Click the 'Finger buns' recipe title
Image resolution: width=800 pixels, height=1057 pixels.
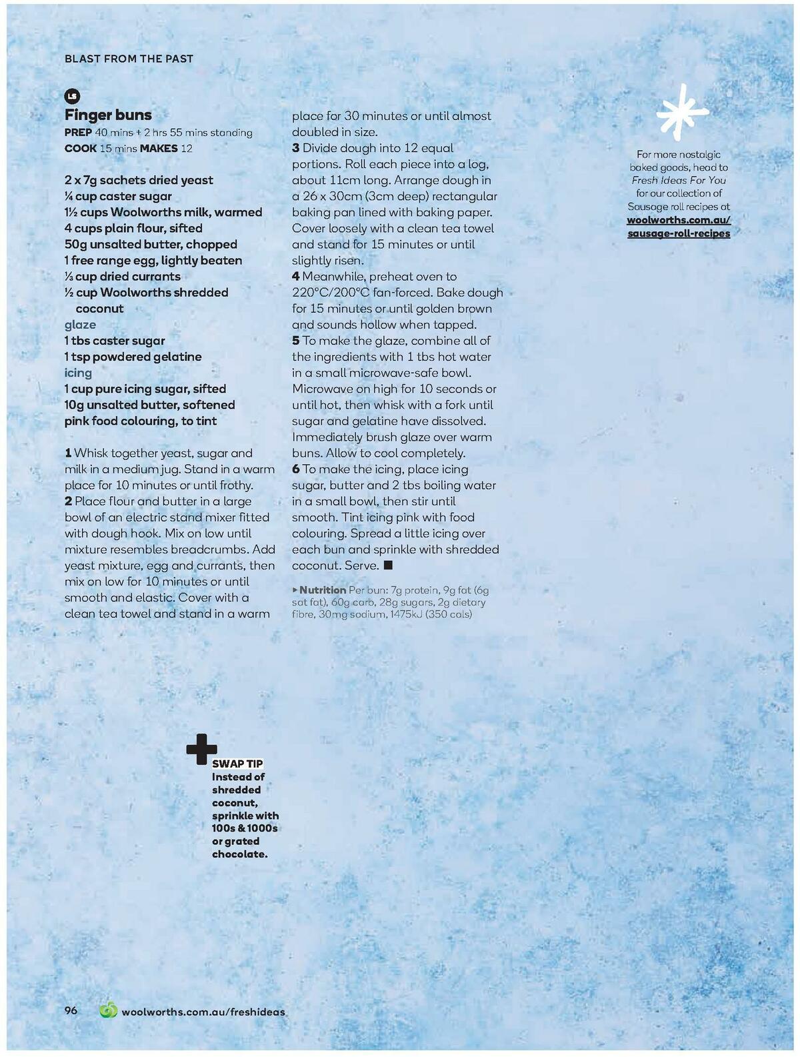(108, 115)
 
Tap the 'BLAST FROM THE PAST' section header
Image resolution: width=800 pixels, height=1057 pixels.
(129, 59)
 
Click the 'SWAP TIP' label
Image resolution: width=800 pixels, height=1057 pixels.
(237, 764)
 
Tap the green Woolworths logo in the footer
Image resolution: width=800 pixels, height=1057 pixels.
(108, 1011)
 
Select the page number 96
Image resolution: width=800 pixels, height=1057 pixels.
(71, 1011)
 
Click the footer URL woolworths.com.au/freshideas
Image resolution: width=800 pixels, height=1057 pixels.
(203, 1012)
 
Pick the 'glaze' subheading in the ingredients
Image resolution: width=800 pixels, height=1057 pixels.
(80, 325)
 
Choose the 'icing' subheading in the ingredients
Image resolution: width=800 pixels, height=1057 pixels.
(78, 373)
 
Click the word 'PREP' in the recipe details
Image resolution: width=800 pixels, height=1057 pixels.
(78, 132)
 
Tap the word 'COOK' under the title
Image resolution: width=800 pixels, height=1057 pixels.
(80, 148)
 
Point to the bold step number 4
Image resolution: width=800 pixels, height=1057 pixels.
(296, 277)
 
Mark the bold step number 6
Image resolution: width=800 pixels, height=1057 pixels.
(296, 469)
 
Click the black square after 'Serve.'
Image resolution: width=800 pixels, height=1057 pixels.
(388, 566)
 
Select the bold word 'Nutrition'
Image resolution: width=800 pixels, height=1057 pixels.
(323, 590)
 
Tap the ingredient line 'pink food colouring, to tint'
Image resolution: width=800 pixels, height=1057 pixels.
(141, 421)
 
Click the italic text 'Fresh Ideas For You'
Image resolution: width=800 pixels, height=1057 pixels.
(679, 180)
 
